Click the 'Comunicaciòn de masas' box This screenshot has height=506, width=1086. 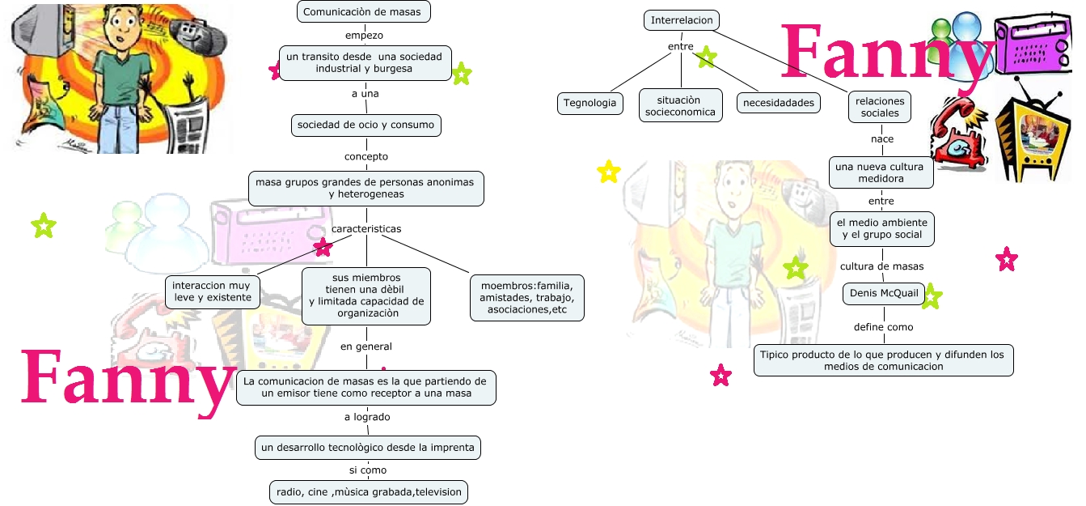click(363, 11)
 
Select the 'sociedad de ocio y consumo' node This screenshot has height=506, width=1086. click(366, 125)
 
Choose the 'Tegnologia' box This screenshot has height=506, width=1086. click(590, 103)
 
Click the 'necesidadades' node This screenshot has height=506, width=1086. click(779, 103)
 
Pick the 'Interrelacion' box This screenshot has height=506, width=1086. click(681, 20)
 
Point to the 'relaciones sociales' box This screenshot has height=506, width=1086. click(880, 107)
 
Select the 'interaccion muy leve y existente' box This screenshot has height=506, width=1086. click(212, 291)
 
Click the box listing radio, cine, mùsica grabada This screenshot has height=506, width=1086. click(368, 491)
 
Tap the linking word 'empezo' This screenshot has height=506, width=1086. click(364, 36)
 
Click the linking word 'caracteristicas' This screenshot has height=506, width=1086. click(366, 229)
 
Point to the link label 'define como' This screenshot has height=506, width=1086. click(883, 327)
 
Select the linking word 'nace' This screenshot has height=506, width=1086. click(882, 139)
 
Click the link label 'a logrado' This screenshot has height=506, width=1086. click(366, 417)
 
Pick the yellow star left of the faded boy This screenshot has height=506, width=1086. click(608, 172)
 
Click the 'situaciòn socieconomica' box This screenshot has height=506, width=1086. click(680, 106)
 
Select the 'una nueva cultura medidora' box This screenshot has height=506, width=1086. click(881, 172)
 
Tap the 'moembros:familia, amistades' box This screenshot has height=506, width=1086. click(526, 298)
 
